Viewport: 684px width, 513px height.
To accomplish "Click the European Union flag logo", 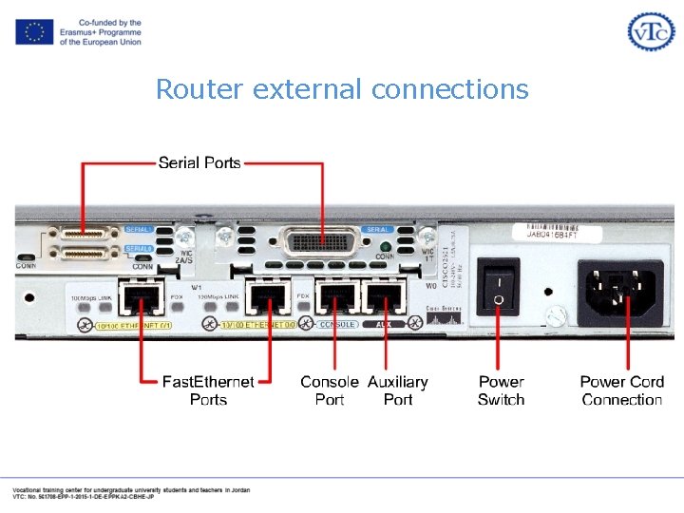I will click(x=33, y=31).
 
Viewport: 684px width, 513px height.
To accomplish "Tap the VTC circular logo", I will click(x=651, y=31).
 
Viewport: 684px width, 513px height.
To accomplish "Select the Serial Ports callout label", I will click(x=199, y=162).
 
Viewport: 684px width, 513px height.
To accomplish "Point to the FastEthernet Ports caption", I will click(x=208, y=390).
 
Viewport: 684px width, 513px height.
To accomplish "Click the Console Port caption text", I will click(x=330, y=390).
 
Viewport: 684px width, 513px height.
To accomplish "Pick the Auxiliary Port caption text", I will click(x=398, y=390).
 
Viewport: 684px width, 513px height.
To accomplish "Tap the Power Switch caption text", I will click(x=501, y=390).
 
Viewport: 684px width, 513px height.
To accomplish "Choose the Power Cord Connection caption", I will click(x=621, y=390).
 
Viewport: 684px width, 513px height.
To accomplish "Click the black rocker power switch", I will click(x=498, y=286).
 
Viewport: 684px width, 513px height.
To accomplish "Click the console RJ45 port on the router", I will click(x=335, y=297).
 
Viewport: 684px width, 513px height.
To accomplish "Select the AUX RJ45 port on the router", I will click(x=384, y=297).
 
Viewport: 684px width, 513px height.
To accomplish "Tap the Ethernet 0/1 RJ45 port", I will click(x=139, y=297).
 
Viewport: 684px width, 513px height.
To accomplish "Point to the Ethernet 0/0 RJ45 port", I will click(x=267, y=297).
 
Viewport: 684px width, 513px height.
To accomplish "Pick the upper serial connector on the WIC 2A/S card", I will click(x=83, y=233).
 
